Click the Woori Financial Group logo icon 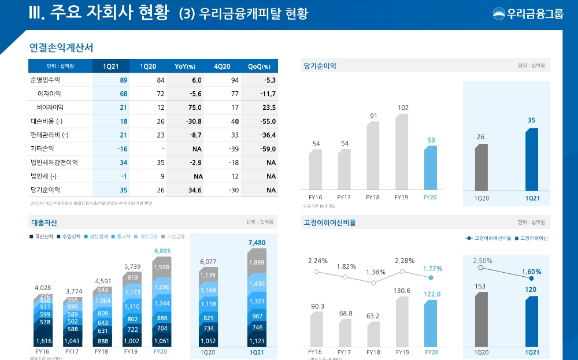(499, 13)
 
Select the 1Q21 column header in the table (111, 66)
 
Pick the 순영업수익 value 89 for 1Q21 (123, 80)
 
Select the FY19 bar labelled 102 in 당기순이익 (402, 151)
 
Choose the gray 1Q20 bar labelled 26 (481, 167)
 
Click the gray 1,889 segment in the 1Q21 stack (257, 262)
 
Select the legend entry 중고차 (122, 236)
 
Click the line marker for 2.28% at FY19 (402, 271)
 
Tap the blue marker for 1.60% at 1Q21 (532, 278)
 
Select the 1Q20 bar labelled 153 (481, 318)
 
